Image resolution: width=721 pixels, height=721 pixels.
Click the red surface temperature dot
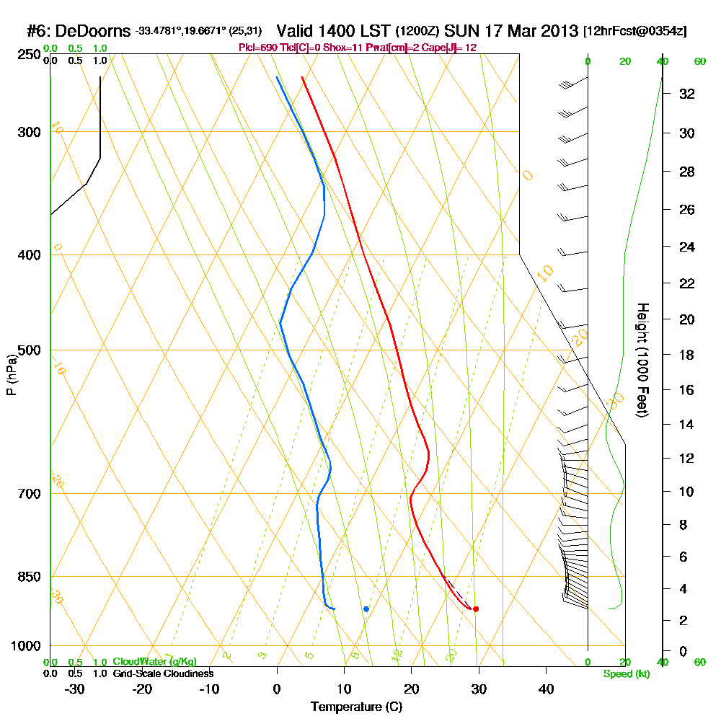(476, 609)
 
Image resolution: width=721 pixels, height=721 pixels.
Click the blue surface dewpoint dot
(366, 609)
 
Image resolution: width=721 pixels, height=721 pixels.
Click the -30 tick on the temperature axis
(75, 689)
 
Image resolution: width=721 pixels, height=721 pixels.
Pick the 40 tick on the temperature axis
(547, 689)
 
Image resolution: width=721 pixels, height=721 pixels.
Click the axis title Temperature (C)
(357, 707)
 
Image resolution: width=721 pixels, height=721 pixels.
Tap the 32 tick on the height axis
(686, 94)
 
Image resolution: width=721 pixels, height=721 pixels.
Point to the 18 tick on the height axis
(686, 355)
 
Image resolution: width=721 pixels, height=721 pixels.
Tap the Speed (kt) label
(626, 673)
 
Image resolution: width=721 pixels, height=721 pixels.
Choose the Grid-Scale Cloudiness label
(163, 673)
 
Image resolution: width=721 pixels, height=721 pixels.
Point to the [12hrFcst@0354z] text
(635, 32)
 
